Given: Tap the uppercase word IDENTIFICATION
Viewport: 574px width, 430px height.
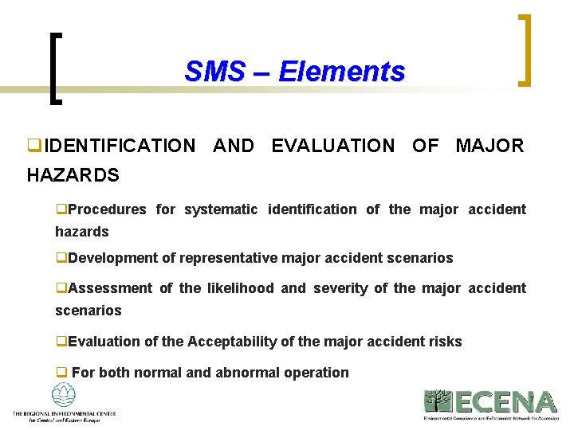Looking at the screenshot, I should pos(120,146).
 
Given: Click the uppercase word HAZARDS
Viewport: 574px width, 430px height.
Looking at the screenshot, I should pos(73,175).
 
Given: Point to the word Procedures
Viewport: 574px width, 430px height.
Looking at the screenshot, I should pos(107,209).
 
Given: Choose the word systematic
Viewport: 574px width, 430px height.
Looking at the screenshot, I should pos(221,209).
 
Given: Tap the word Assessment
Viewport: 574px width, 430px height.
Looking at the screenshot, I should pos(110,288).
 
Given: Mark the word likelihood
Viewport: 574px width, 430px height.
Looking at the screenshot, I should pos(239,288).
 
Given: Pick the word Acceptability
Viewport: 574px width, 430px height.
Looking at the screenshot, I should pos(231,342).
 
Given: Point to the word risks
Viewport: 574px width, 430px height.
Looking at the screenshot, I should pos(445,342).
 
